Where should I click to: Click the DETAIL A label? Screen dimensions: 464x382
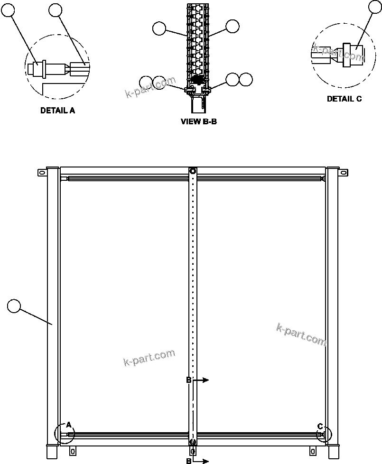57,111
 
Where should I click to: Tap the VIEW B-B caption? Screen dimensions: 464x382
199,121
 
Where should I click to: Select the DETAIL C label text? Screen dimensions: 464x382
344,99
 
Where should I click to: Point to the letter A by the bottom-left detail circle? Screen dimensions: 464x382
68,425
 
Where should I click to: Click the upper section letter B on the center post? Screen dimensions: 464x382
188,380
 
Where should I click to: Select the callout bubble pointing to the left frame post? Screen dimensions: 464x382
15,306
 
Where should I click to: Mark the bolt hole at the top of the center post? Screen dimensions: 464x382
192,171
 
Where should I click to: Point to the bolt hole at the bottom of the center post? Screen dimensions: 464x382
192,442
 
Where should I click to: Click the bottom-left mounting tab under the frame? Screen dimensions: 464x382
73,450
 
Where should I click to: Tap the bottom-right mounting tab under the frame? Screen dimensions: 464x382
312,450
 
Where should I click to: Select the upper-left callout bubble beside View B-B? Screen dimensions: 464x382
159,29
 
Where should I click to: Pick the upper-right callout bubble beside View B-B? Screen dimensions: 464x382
232,27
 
